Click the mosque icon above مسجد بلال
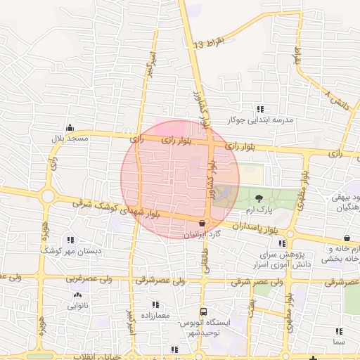pos(70,127)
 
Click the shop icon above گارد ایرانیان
pos(202,222)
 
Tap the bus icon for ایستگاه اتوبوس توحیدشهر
pos(203,311)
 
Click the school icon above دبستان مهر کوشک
pos(70,240)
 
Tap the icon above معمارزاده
pos(155,305)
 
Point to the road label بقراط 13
pos(209,44)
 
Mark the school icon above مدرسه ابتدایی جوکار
pos(261,109)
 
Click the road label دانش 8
pos(337,98)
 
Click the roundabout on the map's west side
pos(48,195)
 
